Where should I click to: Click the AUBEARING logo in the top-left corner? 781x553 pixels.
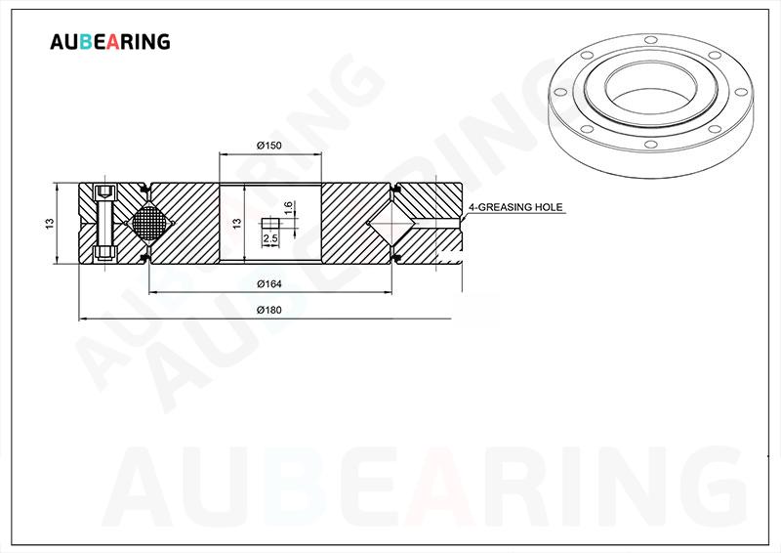click(110, 41)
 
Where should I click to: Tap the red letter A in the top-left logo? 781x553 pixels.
click(114, 42)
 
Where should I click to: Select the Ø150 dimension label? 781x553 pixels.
click(269, 146)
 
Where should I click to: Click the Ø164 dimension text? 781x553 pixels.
click(269, 283)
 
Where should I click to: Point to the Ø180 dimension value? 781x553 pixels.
click(269, 310)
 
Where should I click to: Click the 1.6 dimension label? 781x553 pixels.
click(288, 208)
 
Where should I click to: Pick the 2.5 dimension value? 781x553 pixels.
click(270, 238)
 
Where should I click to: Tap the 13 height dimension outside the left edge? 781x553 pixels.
click(49, 224)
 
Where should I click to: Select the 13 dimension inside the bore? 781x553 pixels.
click(237, 224)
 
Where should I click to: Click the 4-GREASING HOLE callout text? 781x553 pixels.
click(515, 207)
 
